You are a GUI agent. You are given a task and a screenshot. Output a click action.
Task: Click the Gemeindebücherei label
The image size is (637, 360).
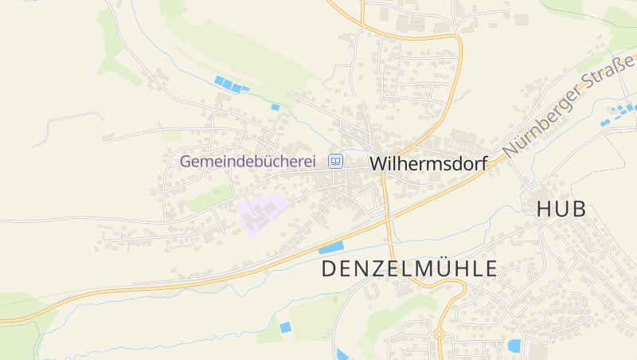pos(248,162)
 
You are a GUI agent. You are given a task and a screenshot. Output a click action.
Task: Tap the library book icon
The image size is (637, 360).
pos(336,162)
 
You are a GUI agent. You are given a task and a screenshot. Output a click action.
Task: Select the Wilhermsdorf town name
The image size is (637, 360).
pos(428,163)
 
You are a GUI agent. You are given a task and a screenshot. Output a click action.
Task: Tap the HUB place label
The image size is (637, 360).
pos(561,209)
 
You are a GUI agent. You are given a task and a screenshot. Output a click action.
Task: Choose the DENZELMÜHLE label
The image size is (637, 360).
pos(408,268)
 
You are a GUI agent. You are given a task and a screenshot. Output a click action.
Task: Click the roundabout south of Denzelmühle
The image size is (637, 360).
pos(439,334)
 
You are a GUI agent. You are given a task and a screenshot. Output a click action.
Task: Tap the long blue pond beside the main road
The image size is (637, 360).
pos(331,247)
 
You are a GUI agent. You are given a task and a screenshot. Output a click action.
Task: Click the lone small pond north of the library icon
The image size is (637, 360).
pos(276,107)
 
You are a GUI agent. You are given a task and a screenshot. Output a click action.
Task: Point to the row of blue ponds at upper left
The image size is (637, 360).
pos(229,84)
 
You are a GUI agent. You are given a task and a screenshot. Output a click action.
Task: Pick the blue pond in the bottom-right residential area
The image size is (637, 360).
pos(514,346)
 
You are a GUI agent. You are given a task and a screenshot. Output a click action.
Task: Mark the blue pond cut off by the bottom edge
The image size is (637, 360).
pos(342,355)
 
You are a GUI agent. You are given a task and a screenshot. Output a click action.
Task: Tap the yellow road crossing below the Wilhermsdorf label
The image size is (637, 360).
pos(389,213)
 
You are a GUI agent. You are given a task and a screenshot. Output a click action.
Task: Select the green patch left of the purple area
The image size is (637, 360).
pos(209,198)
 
